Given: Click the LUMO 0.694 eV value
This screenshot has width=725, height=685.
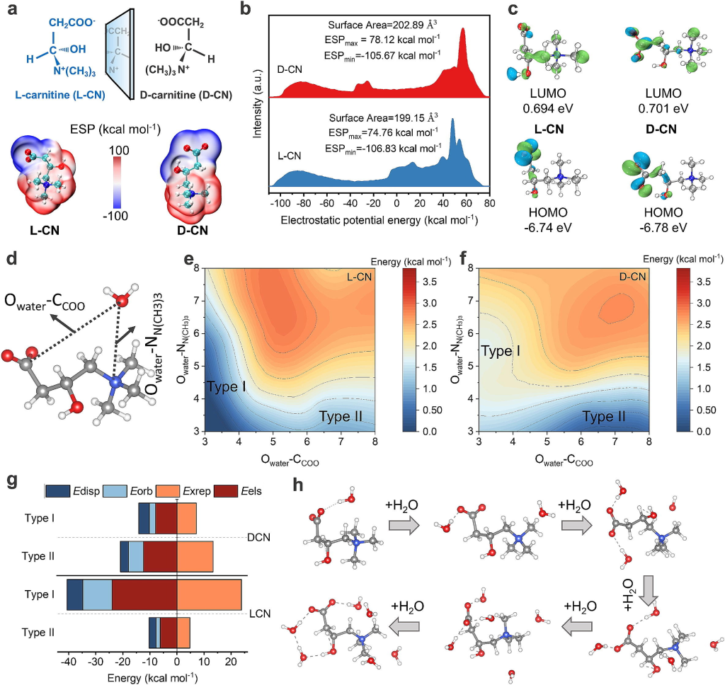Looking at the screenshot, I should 544,110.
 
